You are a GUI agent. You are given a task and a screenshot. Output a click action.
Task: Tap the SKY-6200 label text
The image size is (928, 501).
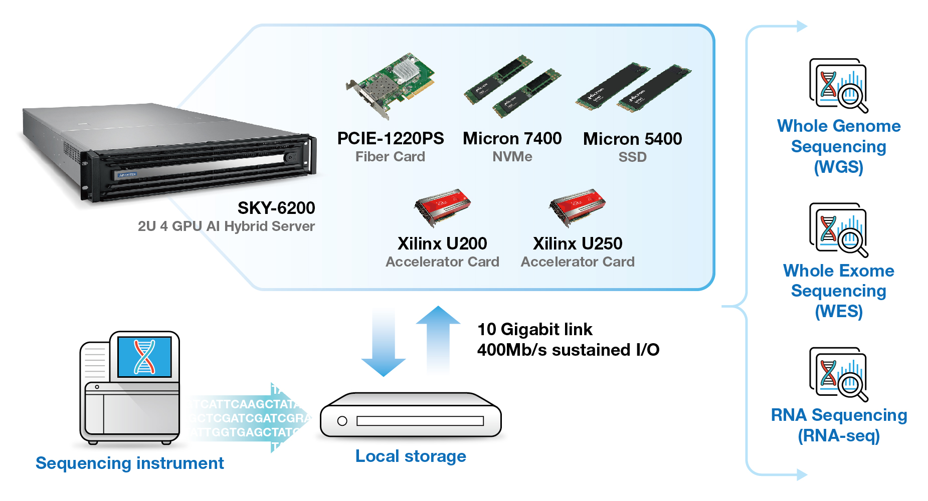tap(276, 208)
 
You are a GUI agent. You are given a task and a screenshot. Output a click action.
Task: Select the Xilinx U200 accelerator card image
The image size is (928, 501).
tap(443, 207)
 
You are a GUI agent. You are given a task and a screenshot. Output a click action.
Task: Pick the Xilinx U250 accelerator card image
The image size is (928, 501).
tap(578, 207)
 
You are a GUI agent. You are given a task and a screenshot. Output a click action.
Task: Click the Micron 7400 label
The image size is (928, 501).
tap(512, 139)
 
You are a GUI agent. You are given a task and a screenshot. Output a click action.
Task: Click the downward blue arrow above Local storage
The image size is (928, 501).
tap(384, 346)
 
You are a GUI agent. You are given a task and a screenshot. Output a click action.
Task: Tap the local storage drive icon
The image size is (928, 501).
tap(411, 416)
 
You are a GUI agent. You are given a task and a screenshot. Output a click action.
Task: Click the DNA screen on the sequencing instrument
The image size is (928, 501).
tap(144, 356)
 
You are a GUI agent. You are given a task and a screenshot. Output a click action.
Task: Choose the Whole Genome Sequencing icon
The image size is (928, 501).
tap(838, 86)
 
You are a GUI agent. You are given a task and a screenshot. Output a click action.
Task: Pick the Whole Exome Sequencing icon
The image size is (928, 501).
tap(838, 230)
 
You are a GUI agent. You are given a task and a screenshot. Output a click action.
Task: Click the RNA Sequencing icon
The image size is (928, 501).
tap(838, 374)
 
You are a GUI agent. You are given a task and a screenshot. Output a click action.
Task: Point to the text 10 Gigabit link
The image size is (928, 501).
tap(535, 329)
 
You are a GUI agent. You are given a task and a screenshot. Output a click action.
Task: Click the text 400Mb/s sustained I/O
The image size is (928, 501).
tap(568, 350)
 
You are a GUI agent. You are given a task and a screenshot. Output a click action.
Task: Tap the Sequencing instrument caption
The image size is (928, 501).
tap(130, 463)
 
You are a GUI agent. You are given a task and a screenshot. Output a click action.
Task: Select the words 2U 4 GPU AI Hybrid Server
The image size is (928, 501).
tap(226, 226)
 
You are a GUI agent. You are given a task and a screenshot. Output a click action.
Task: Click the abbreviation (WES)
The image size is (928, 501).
tap(838, 312)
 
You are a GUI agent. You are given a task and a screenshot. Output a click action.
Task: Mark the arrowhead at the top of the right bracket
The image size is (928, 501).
tap(802, 26)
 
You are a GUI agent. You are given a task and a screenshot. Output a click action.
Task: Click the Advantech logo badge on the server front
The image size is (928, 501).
tap(127, 175)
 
